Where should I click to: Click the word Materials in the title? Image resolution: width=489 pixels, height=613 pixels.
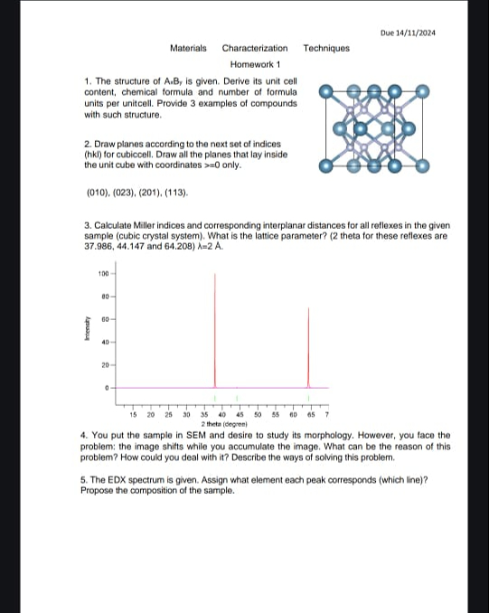tap(188, 48)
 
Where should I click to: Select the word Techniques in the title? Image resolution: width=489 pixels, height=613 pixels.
tap(326, 48)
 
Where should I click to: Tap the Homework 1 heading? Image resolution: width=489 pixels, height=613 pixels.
tap(256, 65)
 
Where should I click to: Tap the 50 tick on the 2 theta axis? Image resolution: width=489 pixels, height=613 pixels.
tap(259, 415)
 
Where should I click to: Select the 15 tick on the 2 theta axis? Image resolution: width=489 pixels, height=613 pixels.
tap(134, 415)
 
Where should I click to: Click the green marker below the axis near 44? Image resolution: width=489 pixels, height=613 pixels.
tap(236, 399)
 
